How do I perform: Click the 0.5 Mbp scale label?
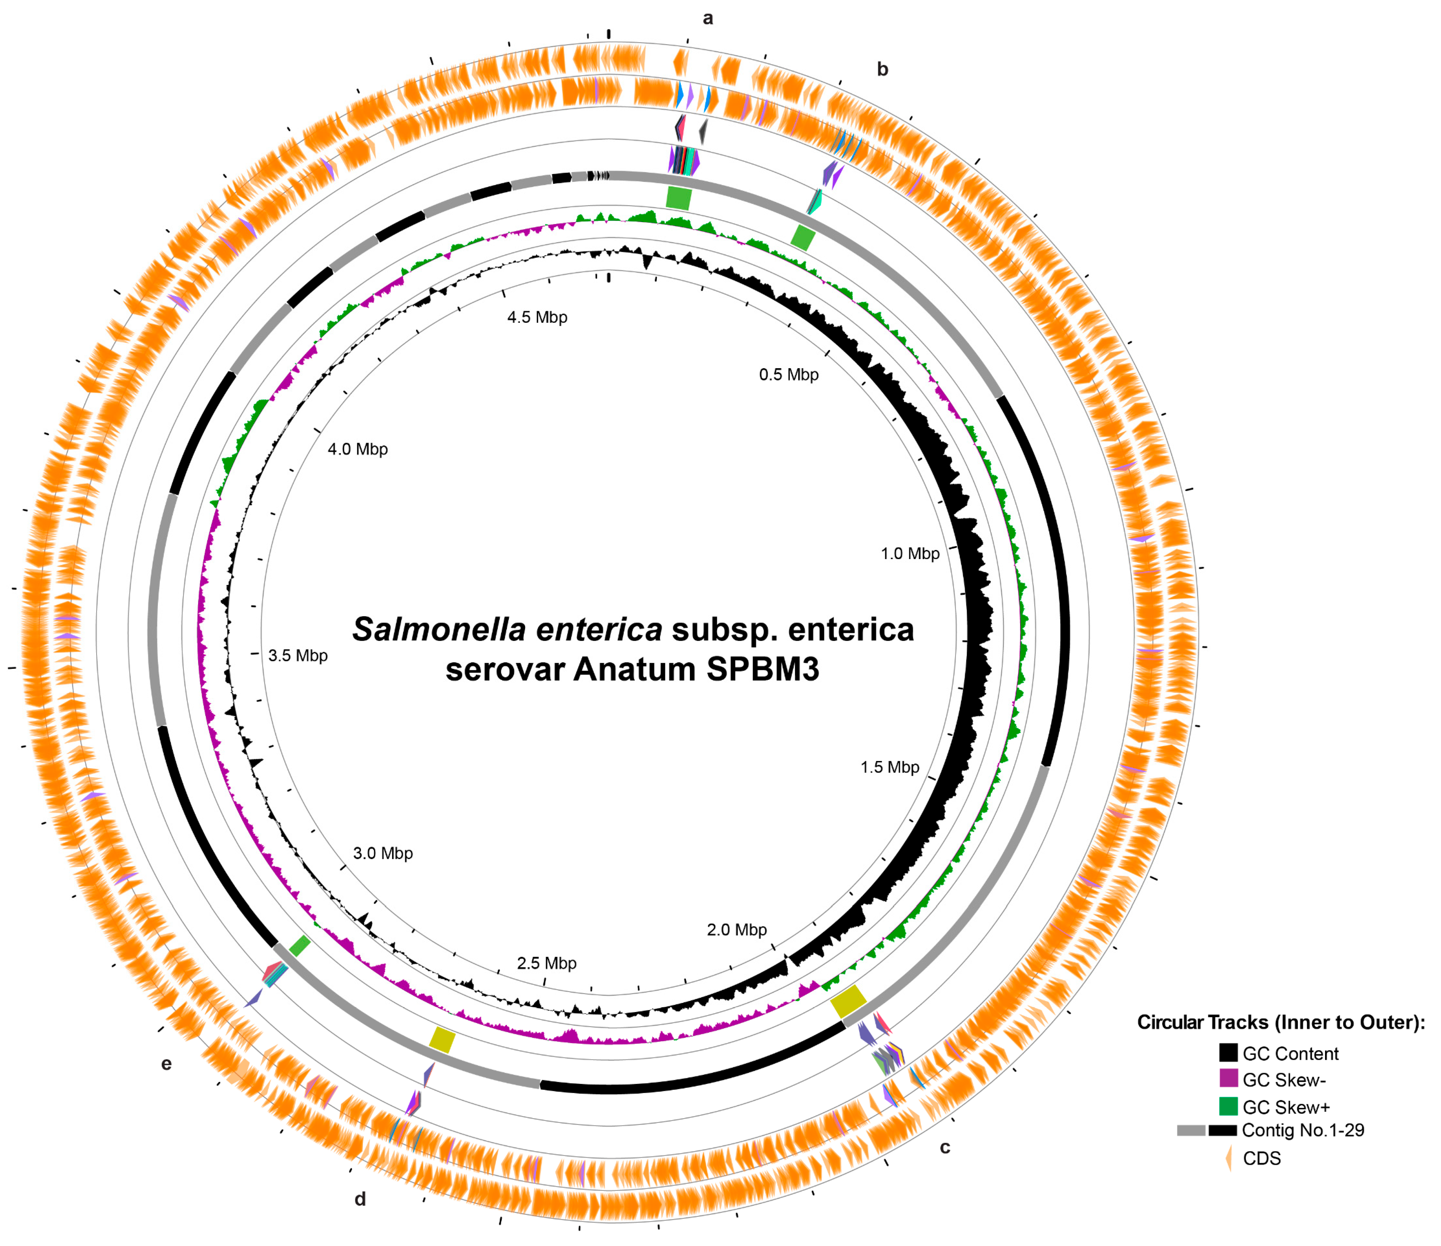788,375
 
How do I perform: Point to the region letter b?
882,69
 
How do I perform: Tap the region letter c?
944,1147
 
